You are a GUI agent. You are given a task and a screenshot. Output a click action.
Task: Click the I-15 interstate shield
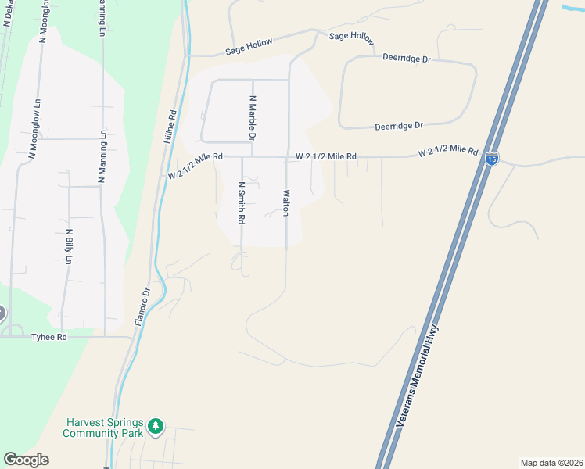pos(491,159)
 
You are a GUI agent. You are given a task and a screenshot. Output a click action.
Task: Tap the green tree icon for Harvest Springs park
pos(156,425)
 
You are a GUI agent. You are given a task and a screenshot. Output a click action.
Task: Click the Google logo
pos(26,460)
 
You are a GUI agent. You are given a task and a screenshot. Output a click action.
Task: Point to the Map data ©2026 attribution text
pos(552,462)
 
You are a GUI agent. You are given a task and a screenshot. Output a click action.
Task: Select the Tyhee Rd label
pos(49,337)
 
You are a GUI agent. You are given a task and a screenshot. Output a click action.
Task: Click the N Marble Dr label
pos(253,118)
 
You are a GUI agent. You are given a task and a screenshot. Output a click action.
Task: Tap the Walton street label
pos(286,202)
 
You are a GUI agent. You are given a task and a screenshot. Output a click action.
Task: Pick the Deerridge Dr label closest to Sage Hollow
pos(407,58)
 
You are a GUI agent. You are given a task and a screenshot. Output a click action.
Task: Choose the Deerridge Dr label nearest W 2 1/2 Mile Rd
pos(398,125)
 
